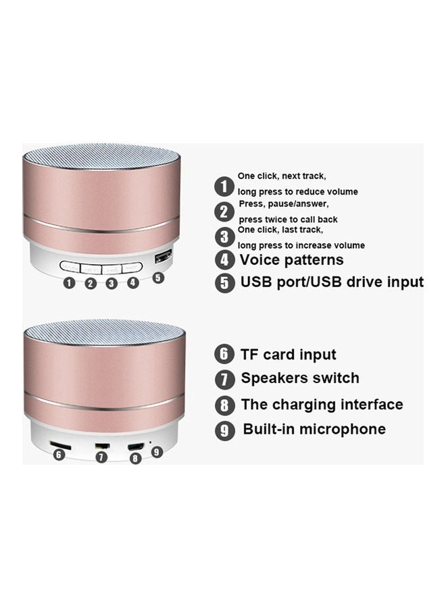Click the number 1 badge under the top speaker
(x=69, y=283)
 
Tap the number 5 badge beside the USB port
(x=157, y=278)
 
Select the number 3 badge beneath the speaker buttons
(x=111, y=284)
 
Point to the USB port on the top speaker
(x=163, y=257)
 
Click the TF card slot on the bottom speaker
(x=61, y=445)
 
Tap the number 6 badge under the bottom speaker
(x=59, y=455)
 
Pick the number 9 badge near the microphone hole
(x=157, y=452)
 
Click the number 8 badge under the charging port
(x=135, y=458)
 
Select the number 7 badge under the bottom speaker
(x=101, y=457)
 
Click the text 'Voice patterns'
(x=291, y=260)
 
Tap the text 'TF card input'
(x=288, y=355)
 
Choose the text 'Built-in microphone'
(x=314, y=429)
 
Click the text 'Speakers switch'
(x=300, y=378)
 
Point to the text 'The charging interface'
(x=322, y=405)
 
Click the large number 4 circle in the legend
(x=225, y=260)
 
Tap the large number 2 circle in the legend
(x=224, y=212)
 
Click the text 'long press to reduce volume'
(x=298, y=192)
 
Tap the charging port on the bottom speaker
(x=136, y=447)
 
